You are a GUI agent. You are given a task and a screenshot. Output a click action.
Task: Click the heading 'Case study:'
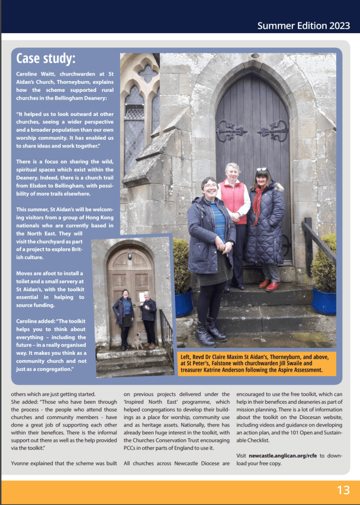pos(46,59)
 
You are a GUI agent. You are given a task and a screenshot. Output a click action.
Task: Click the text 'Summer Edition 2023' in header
pos(303,26)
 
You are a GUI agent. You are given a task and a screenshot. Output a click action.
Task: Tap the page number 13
pos(343,490)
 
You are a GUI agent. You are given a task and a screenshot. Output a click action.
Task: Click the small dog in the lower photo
pos(137,342)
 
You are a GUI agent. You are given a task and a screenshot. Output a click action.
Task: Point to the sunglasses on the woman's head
pos(261,169)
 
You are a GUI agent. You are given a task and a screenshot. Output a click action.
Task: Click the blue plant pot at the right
pos(324,301)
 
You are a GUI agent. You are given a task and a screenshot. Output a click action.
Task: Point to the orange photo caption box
pos(257,362)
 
